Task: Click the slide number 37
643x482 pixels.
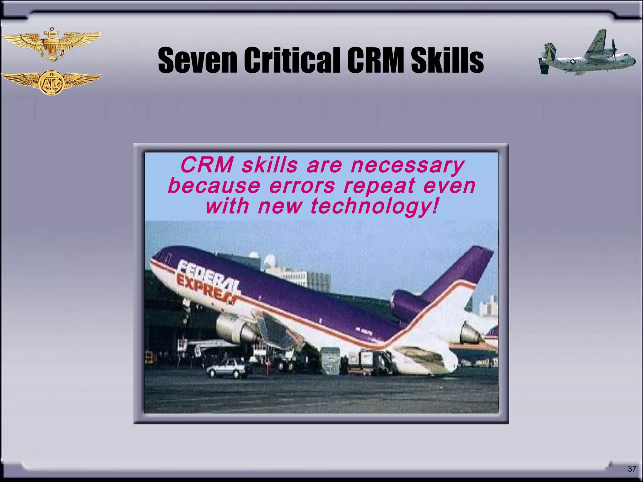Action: (x=632, y=469)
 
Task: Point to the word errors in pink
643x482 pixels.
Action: (x=302, y=186)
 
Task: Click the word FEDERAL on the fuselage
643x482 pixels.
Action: (x=208, y=274)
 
